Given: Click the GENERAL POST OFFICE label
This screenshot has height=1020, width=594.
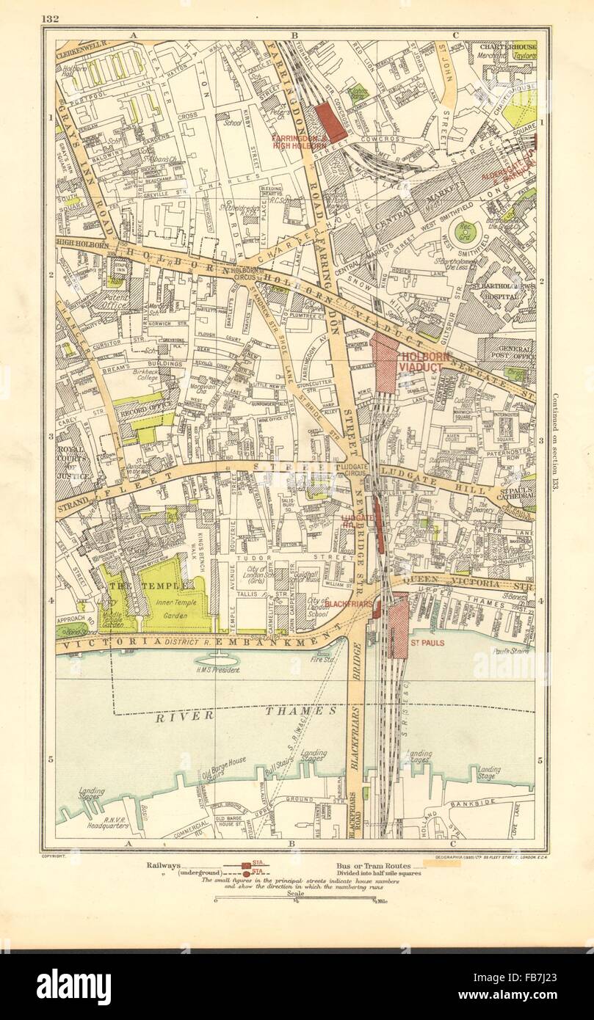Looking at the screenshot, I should (506, 354).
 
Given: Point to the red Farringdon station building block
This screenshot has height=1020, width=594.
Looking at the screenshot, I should (328, 122).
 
